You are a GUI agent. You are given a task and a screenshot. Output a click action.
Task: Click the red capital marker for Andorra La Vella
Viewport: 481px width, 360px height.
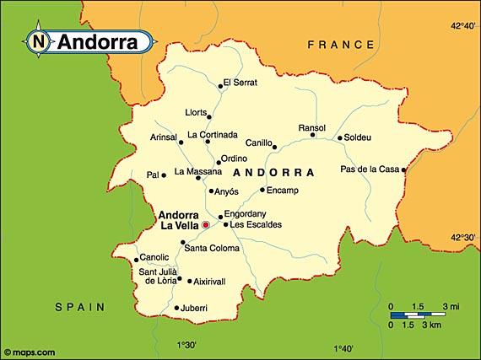(x=205, y=225)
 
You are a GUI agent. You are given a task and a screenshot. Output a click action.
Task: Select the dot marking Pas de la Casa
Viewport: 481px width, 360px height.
(x=404, y=169)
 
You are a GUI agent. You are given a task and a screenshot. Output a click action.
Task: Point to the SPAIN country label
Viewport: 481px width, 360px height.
(x=80, y=307)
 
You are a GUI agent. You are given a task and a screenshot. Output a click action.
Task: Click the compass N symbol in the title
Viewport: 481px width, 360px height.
(x=38, y=40)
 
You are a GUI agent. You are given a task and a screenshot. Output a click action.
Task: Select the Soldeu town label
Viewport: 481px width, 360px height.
(x=358, y=137)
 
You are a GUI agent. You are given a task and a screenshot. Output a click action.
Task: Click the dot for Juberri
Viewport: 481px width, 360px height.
(x=176, y=308)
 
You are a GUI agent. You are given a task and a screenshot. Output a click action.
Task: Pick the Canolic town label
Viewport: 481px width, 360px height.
(x=154, y=257)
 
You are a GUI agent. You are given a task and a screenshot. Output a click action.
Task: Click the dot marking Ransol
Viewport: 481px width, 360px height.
(x=312, y=135)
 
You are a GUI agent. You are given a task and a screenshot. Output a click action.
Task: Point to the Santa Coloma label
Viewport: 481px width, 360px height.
(x=211, y=248)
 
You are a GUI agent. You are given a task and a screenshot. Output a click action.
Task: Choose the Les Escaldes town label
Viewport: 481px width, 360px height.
(x=256, y=225)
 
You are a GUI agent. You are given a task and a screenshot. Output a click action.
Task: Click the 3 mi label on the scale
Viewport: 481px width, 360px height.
(x=449, y=305)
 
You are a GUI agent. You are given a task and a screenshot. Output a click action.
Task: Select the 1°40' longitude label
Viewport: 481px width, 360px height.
(x=343, y=347)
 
